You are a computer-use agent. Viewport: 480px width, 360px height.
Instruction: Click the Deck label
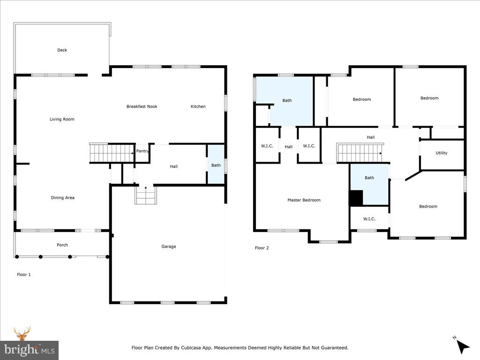tap(62, 50)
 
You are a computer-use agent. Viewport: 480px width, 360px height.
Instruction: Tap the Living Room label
tap(62, 119)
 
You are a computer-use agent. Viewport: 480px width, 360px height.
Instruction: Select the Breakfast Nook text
tap(142, 106)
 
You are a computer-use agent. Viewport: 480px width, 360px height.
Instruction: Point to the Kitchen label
tap(198, 106)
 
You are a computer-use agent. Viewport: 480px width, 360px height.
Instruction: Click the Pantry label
tap(142, 151)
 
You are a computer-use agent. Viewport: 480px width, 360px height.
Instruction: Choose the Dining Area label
tap(63, 198)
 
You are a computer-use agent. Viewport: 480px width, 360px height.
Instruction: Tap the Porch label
tap(62, 245)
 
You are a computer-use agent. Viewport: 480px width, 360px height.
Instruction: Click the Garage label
tap(169, 247)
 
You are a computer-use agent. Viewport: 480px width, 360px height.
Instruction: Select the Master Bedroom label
tap(304, 200)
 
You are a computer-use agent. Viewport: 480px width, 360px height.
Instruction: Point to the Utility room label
tap(441, 153)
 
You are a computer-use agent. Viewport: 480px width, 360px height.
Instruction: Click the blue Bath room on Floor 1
tap(216, 165)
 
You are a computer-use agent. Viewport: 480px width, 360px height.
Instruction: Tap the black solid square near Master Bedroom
tap(356, 198)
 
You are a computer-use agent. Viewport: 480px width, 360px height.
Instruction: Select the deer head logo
tap(22, 333)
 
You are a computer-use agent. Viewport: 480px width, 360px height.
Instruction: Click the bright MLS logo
tap(29, 350)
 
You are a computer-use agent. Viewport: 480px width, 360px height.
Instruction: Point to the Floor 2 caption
tap(262, 248)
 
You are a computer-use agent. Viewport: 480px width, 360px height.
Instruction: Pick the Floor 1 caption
tap(23, 275)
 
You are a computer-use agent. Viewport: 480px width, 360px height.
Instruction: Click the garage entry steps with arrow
tap(145, 195)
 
